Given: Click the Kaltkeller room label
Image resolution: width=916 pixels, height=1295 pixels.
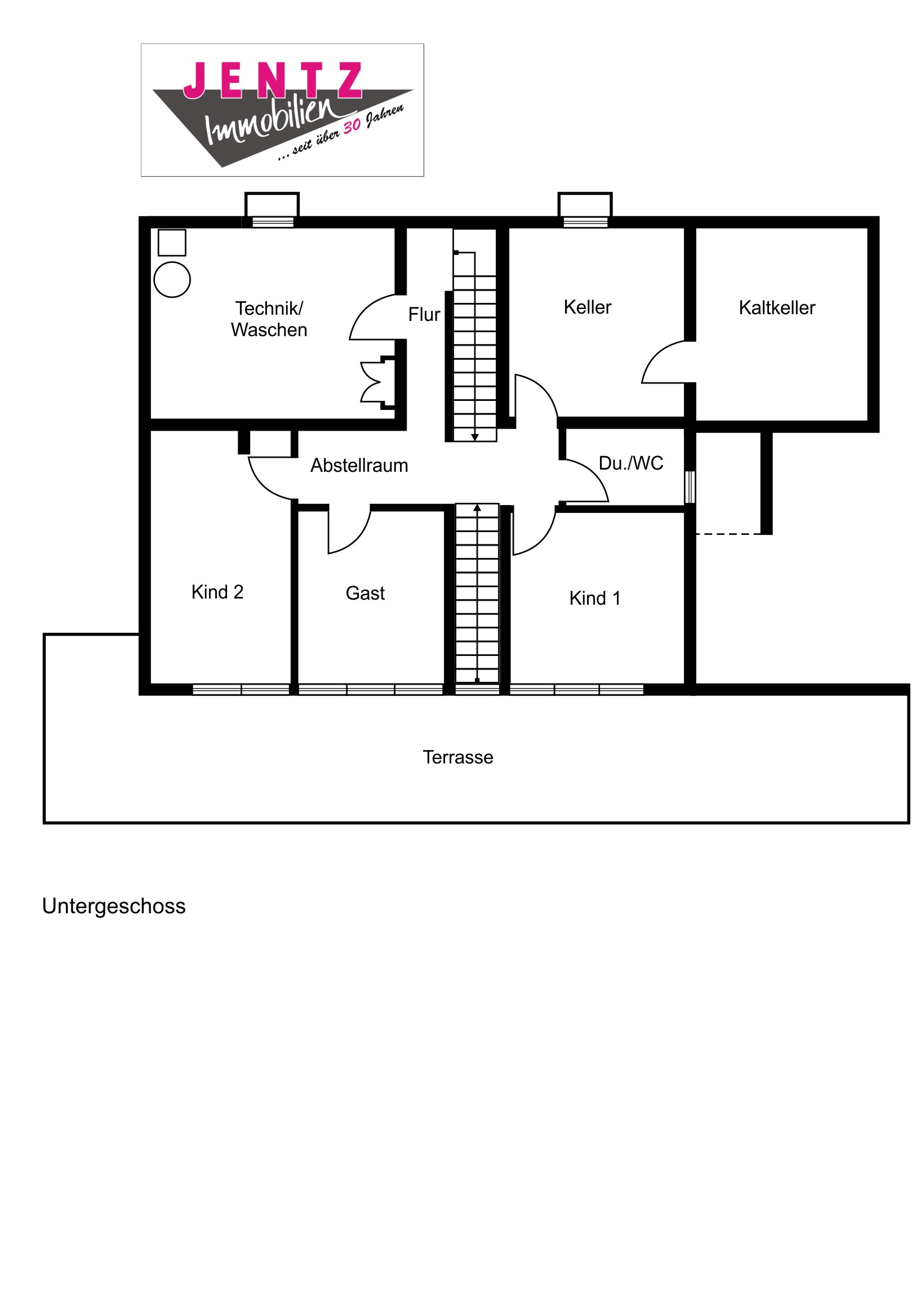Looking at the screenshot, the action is [x=777, y=308].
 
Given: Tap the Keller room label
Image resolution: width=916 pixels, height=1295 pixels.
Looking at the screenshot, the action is [x=587, y=307].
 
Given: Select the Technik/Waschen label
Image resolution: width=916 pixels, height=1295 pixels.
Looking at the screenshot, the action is [x=269, y=319].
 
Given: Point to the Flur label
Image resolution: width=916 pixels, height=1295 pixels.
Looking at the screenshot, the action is [x=424, y=315].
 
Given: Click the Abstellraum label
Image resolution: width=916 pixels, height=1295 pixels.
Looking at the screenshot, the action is [x=359, y=466].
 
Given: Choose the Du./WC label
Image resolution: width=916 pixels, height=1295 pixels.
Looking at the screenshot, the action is [x=630, y=463].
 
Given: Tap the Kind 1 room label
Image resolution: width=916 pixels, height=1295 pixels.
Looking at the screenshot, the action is [x=594, y=599].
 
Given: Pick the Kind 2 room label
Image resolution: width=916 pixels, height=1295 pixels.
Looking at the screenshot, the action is [x=217, y=592].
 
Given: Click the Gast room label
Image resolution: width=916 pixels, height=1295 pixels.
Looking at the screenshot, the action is [x=365, y=593].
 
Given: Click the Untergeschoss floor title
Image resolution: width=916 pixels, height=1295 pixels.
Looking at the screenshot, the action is [x=113, y=906].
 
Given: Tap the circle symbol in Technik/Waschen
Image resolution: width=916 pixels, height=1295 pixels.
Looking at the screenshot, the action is [x=172, y=280].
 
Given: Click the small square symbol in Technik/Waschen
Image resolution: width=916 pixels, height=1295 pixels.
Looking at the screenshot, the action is [x=172, y=243].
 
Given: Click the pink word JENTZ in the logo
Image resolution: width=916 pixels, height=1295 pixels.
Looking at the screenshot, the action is [x=273, y=80].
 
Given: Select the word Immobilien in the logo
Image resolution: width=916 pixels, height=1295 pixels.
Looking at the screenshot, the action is [x=271, y=121].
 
